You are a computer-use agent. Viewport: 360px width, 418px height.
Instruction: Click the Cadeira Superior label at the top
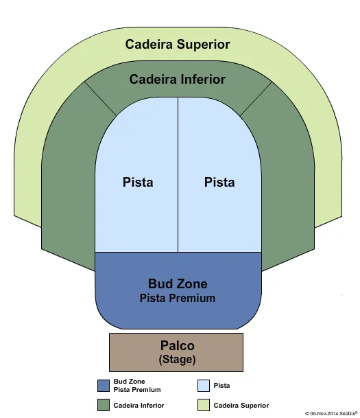point(177,45)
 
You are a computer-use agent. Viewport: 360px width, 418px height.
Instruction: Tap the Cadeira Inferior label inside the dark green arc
point(177,80)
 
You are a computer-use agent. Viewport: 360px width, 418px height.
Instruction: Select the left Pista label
point(138,182)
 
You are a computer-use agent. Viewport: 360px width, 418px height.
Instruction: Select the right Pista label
point(219,182)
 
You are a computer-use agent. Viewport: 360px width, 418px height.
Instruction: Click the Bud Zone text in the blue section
point(178,283)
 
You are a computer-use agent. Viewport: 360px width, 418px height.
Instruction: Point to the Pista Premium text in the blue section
point(178,298)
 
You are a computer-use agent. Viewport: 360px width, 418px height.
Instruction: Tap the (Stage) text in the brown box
point(177,359)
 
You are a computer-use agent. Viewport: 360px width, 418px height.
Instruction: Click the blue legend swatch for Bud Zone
point(104,385)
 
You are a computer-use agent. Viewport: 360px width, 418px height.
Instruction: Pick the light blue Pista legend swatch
point(204,385)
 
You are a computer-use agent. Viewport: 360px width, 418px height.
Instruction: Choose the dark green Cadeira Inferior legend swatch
point(104,405)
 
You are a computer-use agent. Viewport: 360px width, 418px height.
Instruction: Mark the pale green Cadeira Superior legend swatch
point(204,405)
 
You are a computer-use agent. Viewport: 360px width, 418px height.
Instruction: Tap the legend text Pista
point(221,386)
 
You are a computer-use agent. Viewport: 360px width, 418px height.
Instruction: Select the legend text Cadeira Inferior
point(139,406)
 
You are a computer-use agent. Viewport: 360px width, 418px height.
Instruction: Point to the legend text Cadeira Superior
point(241,406)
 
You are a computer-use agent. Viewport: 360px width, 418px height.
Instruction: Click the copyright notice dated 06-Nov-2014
point(331,413)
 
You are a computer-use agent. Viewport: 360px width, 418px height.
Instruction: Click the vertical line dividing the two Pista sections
point(178,175)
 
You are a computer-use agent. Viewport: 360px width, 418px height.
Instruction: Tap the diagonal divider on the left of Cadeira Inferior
point(101,98)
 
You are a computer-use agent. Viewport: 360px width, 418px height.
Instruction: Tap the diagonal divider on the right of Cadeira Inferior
point(255,98)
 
